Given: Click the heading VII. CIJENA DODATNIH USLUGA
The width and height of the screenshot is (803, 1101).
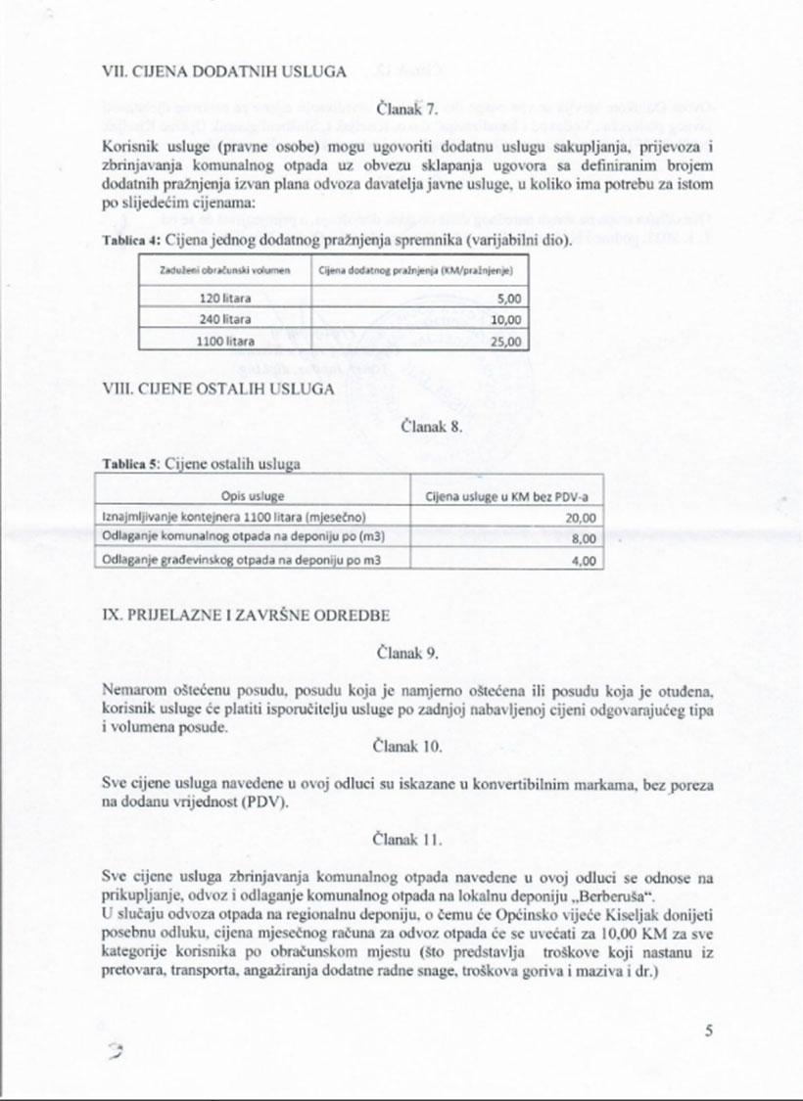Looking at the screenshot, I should coord(224,71).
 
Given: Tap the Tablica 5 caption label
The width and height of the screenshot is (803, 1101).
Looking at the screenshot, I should coord(130,464).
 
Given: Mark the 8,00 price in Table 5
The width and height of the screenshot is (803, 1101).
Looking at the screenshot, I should coord(584,539).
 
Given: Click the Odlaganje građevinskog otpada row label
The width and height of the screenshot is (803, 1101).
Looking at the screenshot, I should coord(241,560).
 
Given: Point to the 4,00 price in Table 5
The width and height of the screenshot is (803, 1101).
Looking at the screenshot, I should coord(584,560).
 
